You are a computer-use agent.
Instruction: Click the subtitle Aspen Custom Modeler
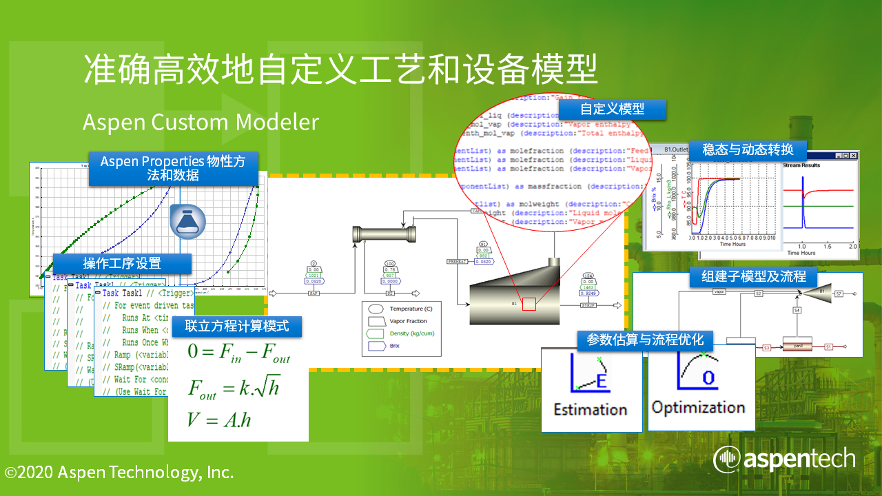(201, 122)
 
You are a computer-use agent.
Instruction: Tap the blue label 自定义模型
(612, 109)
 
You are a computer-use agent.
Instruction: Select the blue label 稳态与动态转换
(748, 149)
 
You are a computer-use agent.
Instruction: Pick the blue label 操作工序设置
(122, 263)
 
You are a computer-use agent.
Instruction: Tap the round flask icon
(187, 220)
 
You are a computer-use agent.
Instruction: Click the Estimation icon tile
(591, 389)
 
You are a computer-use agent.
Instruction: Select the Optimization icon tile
(699, 389)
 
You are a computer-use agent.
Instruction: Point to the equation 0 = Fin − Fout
(238, 353)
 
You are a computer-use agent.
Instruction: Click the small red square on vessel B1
(529, 303)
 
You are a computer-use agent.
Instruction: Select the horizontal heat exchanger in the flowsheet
(384, 234)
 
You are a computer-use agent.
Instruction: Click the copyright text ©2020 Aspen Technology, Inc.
(119, 473)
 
